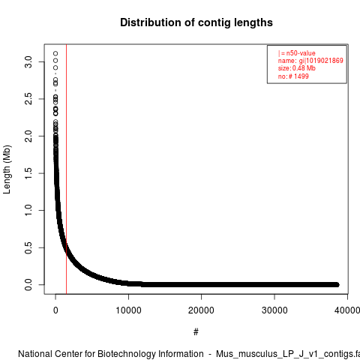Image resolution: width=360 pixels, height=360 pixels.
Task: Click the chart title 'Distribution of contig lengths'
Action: pos(196,22)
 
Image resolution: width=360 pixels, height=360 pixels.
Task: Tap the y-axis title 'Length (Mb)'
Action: pos(7,169)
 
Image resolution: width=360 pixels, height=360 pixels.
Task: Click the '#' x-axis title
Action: pos(196,332)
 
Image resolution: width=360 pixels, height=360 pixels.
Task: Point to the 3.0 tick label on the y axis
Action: pos(28,61)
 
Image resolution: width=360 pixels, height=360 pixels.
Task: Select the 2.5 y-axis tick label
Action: pos(28,99)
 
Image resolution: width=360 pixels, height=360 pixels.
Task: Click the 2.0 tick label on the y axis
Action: pos(28,136)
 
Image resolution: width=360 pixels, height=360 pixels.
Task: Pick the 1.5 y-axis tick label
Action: pos(28,173)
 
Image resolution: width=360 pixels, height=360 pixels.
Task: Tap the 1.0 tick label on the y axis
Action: pos(28,210)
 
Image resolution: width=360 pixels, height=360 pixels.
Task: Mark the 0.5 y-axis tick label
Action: pos(28,247)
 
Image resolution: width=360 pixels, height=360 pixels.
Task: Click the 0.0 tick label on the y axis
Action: pos(28,285)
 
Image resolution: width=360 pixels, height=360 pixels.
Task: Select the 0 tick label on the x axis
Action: pos(55,310)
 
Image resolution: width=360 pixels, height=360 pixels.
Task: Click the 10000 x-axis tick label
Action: pos(128,310)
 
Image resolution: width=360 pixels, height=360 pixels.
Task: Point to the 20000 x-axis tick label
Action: pos(201,310)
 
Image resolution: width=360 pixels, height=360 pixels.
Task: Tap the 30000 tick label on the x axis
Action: pos(274,310)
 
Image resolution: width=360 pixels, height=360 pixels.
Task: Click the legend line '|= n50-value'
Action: pos(296,53)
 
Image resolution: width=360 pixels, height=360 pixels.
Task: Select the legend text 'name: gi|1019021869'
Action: pos(310,61)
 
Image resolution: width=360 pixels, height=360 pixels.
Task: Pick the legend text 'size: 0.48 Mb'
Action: pos(296,68)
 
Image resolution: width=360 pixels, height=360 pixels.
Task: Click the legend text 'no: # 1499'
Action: pos(293,76)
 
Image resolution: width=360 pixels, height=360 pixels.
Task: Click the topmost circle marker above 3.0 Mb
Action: pos(55,53)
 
